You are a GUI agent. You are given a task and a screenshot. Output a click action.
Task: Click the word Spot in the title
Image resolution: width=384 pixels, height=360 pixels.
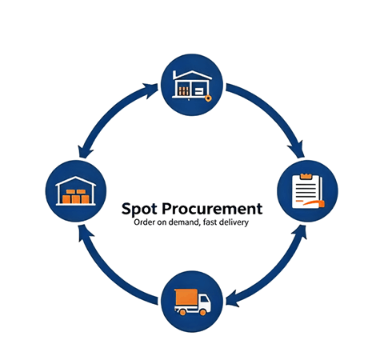(139, 209)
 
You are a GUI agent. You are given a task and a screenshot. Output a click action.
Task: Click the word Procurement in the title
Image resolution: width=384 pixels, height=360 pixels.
(212, 208)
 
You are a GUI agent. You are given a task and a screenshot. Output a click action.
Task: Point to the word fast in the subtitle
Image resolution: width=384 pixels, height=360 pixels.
(210, 222)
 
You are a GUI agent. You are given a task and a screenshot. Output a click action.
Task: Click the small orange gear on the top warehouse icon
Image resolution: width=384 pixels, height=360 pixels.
(208, 98)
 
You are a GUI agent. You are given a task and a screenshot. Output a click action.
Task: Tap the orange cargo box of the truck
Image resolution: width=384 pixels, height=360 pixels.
(186, 297)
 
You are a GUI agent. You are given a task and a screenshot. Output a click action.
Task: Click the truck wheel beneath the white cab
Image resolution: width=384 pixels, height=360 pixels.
(202, 312)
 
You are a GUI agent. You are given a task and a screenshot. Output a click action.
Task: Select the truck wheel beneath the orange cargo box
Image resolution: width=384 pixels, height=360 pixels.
(182, 312)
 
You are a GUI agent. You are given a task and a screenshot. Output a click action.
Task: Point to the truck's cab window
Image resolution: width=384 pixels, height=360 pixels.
(204, 299)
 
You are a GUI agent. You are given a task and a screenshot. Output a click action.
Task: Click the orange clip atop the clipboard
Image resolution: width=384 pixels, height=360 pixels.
(306, 176)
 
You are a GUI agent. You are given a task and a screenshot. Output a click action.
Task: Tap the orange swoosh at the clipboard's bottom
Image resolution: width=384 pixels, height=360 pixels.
(314, 203)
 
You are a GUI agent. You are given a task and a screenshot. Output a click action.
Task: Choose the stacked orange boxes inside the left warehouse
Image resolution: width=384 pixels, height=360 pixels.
(76, 197)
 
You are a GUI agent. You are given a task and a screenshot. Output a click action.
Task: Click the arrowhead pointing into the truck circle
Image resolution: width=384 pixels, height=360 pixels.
(233, 298)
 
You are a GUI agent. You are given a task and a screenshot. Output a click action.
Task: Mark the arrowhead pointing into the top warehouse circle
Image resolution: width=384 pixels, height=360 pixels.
(151, 90)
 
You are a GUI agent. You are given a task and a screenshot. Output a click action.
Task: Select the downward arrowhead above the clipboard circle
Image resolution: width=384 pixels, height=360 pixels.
(298, 150)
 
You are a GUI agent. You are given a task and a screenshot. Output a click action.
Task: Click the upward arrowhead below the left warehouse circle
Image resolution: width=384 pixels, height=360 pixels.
(84, 232)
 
